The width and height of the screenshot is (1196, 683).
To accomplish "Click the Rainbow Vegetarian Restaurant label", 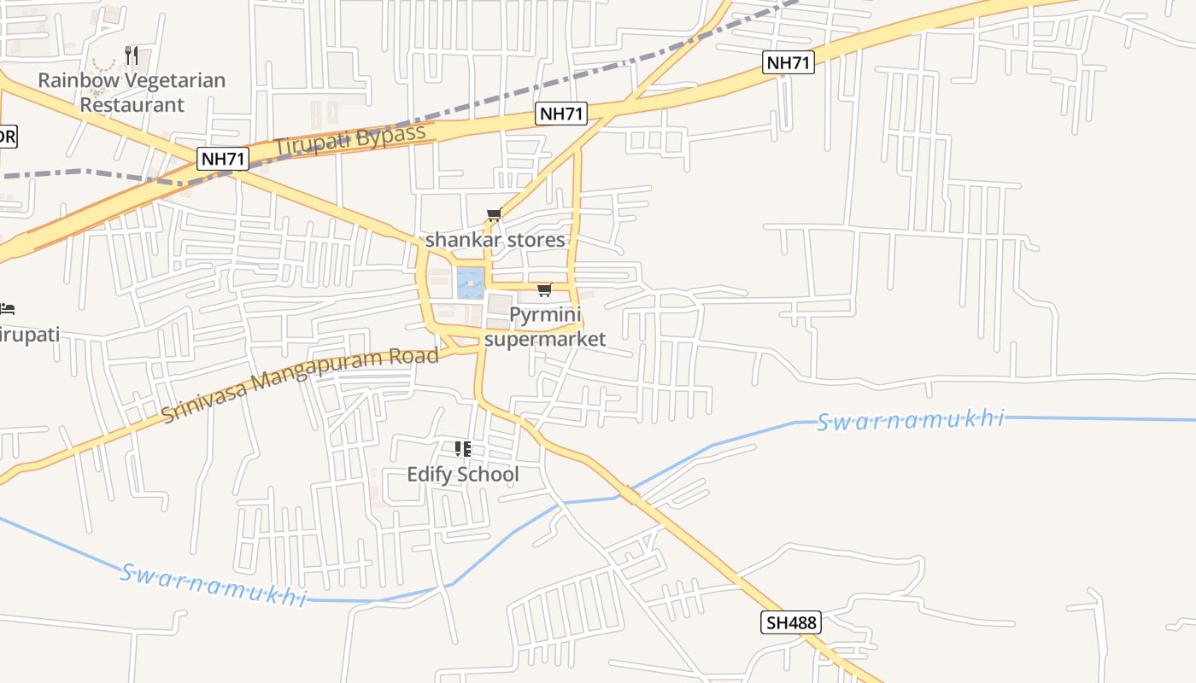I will (x=132, y=92).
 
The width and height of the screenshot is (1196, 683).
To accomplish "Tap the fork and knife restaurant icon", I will (x=132, y=55).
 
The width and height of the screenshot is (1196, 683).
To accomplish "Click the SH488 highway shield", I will (x=790, y=622).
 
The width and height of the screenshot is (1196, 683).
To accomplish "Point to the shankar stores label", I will (x=495, y=240).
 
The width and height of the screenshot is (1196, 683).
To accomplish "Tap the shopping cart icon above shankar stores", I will (x=494, y=215).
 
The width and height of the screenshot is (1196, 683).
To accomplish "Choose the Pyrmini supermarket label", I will (x=545, y=327).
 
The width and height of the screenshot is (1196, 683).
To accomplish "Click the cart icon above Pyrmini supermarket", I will (x=544, y=290).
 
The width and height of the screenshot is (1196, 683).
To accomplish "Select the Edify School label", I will (x=462, y=474).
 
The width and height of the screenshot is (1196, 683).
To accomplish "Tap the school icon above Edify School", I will (x=462, y=449).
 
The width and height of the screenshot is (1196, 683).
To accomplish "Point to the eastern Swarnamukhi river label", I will (x=910, y=420).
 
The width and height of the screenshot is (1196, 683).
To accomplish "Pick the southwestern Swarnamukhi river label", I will (x=212, y=584).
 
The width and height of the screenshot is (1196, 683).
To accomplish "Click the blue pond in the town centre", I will (x=470, y=283).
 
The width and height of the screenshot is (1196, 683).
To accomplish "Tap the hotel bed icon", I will (x=8, y=307).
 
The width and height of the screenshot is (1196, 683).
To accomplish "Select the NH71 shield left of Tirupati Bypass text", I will (x=223, y=158).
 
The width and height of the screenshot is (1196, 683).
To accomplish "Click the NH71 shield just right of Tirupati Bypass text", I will (x=561, y=114).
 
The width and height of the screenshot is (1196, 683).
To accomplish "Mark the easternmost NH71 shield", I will (x=789, y=61).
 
